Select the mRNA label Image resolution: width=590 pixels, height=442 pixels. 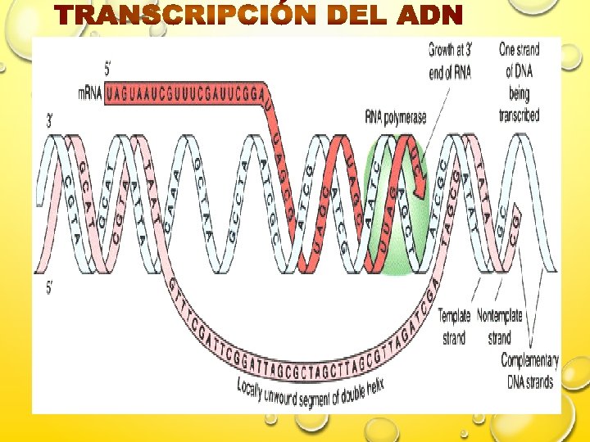coord(89,93)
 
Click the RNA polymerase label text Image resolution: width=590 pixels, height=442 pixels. coord(395,118)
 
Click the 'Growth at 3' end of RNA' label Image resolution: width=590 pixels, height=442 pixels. coord(450,61)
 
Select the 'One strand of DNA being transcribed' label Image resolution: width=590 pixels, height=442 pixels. coord(519,82)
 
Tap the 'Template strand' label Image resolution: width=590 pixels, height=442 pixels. coord(455,327)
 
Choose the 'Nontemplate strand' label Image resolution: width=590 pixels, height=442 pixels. coord(501,327)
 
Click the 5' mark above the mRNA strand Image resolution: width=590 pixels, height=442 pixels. coord(107,70)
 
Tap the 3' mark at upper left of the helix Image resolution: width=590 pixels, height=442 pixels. coord(51,120)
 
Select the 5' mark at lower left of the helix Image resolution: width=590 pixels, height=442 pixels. coord(50,287)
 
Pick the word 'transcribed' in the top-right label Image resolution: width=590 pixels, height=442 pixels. coord(519,115)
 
